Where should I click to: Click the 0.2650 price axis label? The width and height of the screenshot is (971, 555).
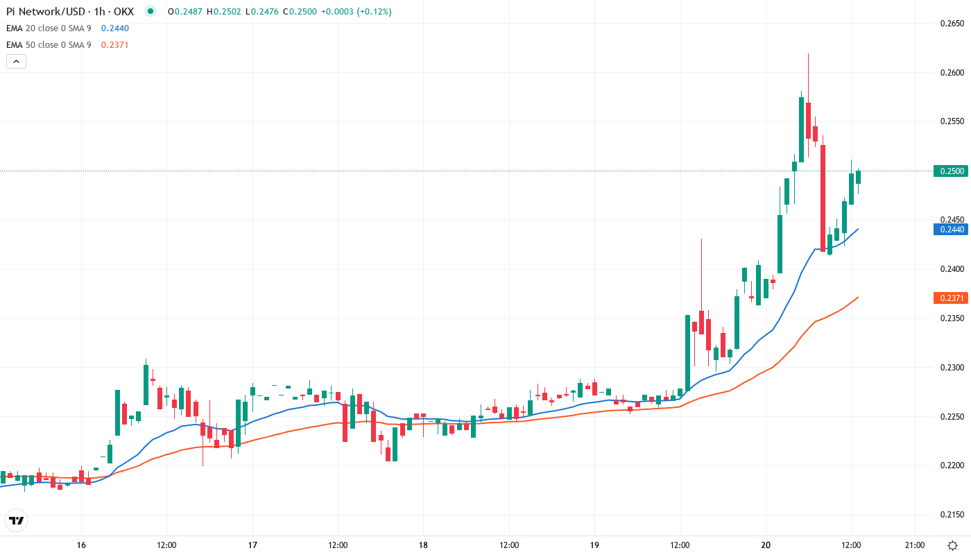tap(952, 24)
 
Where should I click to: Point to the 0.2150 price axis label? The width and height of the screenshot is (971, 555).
tap(952, 515)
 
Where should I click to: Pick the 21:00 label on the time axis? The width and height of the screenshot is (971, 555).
tap(915, 545)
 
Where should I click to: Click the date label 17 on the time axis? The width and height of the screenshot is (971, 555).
tap(252, 545)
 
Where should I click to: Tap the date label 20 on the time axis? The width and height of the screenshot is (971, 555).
tap(766, 545)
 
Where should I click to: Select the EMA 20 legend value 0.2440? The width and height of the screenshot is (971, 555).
tap(114, 28)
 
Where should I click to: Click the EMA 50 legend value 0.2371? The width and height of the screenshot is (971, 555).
tap(114, 45)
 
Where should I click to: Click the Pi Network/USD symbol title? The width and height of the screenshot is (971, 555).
tap(44, 11)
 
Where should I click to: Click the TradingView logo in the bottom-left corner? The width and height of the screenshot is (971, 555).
tap(17, 520)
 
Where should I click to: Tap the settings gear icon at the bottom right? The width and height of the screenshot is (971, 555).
tap(954, 545)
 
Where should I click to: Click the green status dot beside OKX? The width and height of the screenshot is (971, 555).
tap(151, 11)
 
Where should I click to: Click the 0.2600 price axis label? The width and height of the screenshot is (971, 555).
tap(952, 73)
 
